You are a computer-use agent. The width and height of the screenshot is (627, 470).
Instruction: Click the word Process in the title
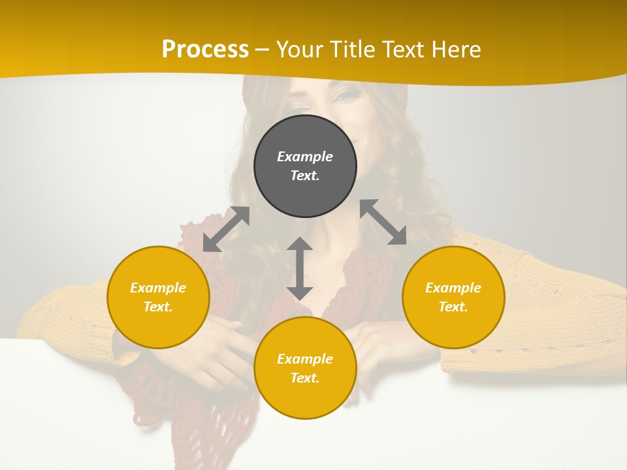click(205, 50)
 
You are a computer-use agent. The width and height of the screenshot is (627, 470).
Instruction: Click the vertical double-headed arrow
click(300, 268)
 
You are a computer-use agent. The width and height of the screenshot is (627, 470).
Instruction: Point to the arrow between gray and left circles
click(226, 228)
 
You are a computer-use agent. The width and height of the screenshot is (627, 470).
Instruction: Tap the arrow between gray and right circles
click(383, 222)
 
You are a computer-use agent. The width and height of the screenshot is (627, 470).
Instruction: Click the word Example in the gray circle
click(305, 157)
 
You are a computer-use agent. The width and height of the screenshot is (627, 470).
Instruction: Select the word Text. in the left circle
click(158, 307)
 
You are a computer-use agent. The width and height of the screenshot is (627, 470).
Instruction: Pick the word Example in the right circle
click(453, 288)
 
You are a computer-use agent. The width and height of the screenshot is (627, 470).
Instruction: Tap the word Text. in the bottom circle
click(305, 378)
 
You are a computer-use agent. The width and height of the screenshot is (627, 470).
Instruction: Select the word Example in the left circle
click(158, 288)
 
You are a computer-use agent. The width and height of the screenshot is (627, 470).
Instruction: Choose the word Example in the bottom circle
click(305, 359)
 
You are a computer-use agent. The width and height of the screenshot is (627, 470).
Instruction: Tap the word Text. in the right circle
click(453, 307)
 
